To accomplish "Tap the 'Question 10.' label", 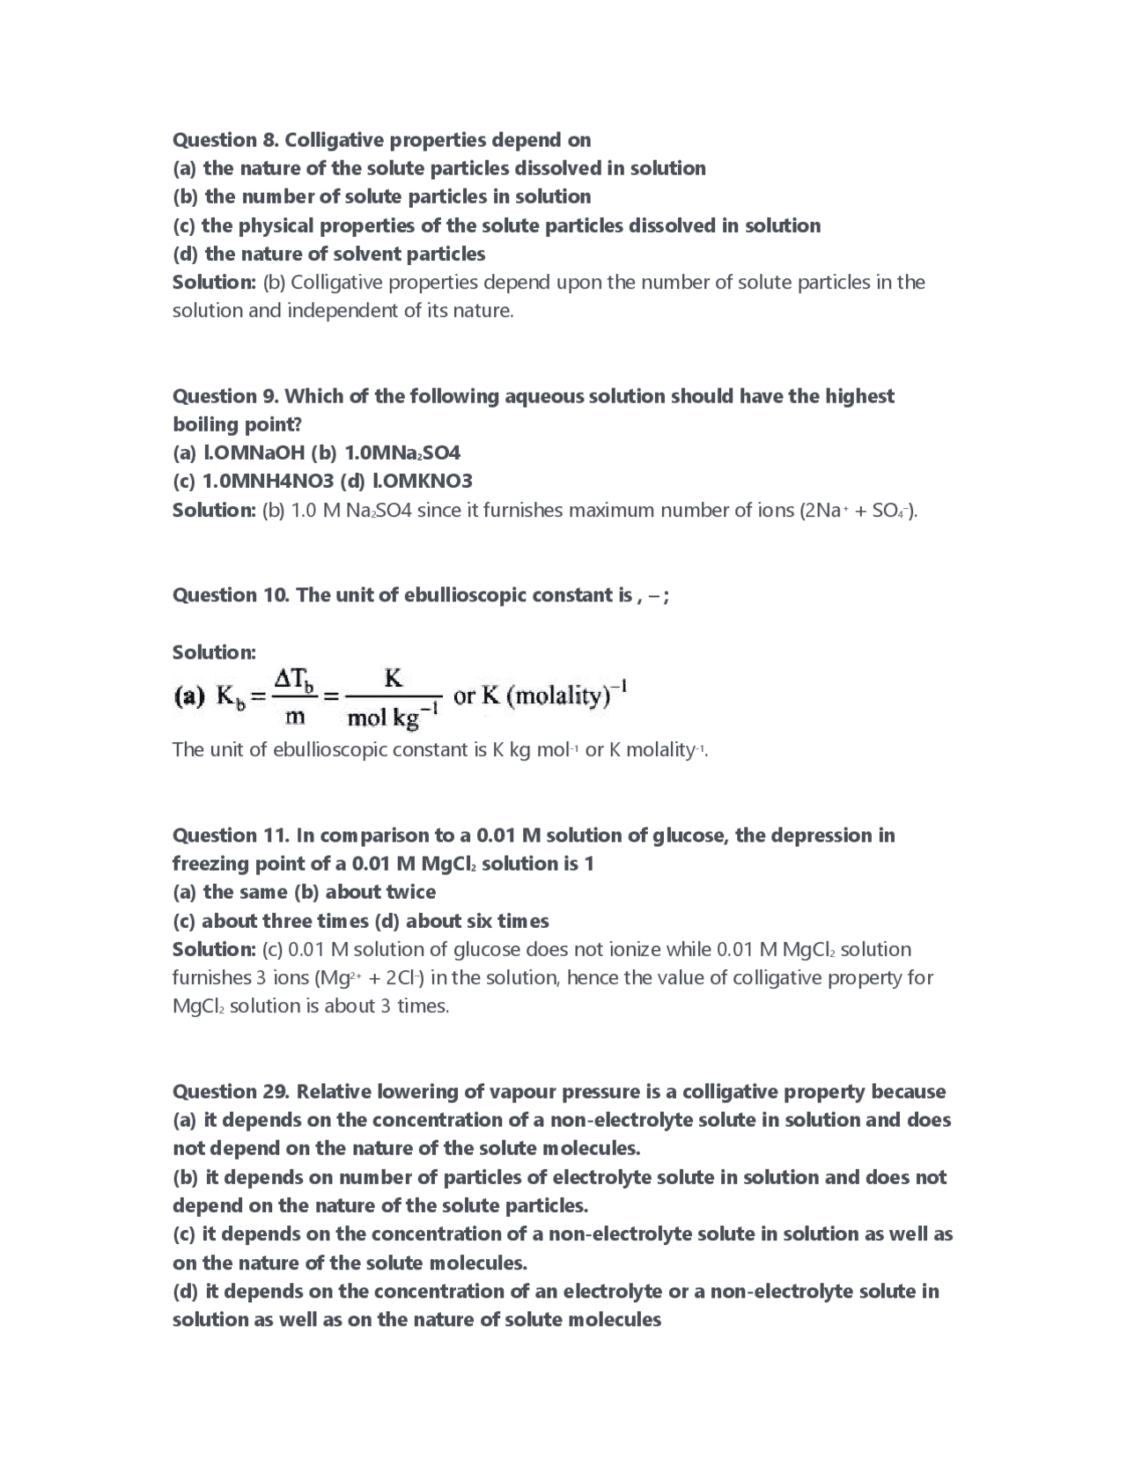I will (230, 595).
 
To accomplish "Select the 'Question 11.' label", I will (230, 836).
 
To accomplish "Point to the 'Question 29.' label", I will (230, 1092).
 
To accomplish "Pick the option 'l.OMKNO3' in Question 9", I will (423, 482).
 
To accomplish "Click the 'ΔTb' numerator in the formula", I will (294, 681).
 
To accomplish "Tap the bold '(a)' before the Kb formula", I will (190, 698).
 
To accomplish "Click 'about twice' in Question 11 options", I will (380, 893).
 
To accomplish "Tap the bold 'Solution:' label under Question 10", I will (214, 652).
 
